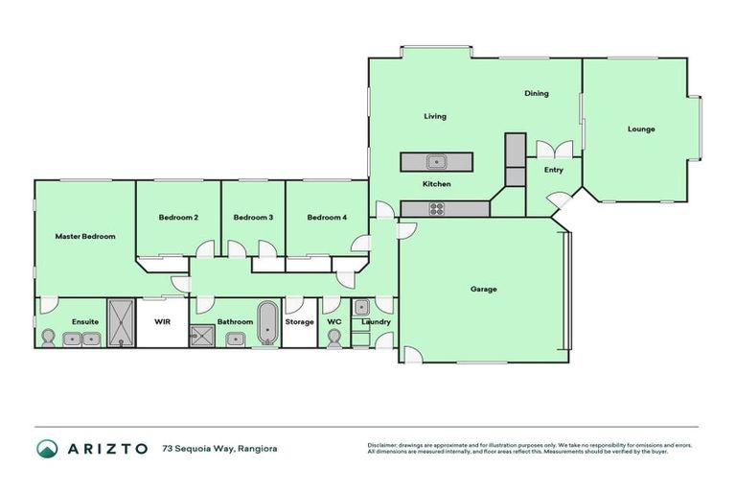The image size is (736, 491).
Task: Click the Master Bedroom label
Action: pos(85,236)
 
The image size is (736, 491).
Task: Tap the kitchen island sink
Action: pos(436,161)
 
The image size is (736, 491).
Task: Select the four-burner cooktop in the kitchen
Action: pos(436,208)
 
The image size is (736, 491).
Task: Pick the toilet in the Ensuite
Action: pos(48,338)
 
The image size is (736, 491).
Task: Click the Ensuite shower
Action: pos(122,322)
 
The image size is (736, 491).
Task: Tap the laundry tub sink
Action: pos(361,308)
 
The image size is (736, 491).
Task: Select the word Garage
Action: pos(483,289)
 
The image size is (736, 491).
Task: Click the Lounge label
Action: pos(641,129)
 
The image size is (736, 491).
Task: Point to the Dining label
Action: pos(536,94)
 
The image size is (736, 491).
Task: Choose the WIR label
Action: pos(162,322)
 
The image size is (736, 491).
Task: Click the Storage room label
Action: pos(299,322)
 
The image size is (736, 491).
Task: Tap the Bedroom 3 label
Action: pos(253,218)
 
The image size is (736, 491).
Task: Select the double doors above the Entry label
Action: pos(555,149)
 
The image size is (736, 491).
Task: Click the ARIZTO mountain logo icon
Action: pos(47,448)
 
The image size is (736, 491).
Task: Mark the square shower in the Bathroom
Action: pos(202,335)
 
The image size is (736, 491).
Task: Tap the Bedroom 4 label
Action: pos(327,218)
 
